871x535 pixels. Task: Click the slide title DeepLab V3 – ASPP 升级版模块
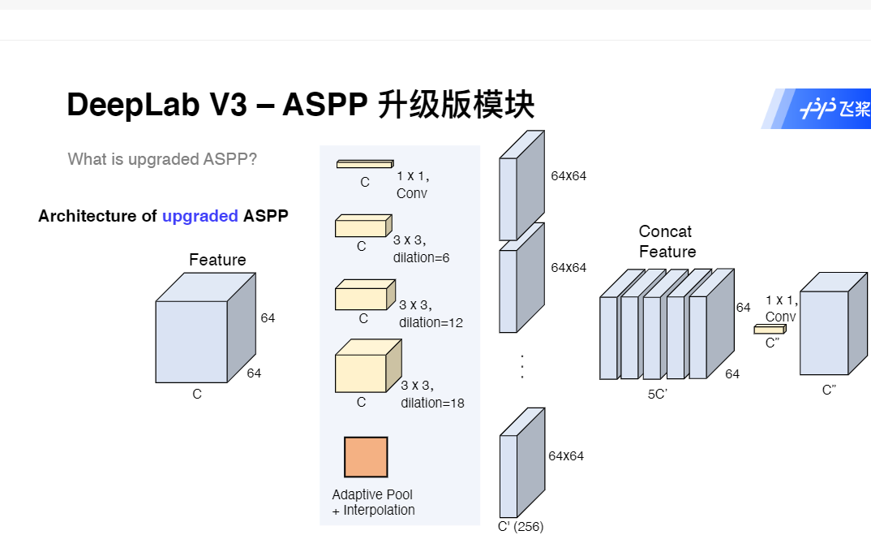(300, 106)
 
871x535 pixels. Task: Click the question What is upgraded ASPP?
(162, 159)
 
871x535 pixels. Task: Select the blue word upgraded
(200, 216)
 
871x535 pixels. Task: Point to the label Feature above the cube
(217, 260)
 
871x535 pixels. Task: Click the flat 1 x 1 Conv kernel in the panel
(364, 164)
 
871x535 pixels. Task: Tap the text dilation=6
(421, 257)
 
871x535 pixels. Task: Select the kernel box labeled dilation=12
(363, 296)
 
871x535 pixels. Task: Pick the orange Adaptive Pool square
(366, 457)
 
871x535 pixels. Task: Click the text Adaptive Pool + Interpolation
(373, 503)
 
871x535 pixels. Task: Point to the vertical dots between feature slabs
(522, 366)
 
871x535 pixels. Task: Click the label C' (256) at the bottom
(521, 526)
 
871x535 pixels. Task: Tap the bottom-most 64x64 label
(566, 456)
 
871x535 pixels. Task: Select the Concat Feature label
(667, 242)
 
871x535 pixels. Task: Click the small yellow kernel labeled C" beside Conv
(769, 329)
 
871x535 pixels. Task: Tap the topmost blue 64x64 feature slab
(519, 191)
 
